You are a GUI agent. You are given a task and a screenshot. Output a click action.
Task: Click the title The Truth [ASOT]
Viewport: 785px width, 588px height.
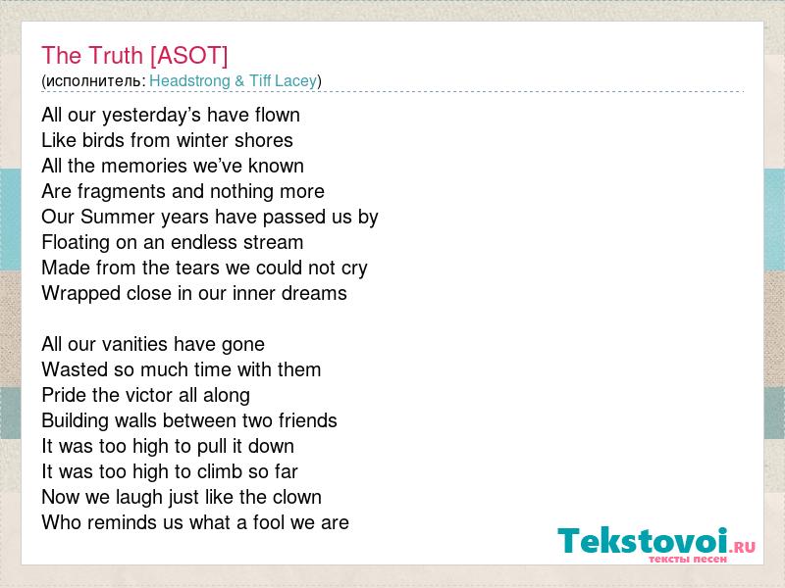[134, 56]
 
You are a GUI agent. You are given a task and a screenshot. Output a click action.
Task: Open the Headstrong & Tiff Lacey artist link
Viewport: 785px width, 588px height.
[234, 81]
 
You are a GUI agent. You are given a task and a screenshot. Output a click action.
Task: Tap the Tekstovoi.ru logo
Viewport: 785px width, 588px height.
[656, 544]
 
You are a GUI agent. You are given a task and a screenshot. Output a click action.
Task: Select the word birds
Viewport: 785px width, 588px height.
[103, 140]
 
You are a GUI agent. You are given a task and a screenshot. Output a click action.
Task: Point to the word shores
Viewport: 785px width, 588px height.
[264, 140]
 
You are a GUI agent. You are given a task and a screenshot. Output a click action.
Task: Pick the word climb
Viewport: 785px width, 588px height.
[221, 471]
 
